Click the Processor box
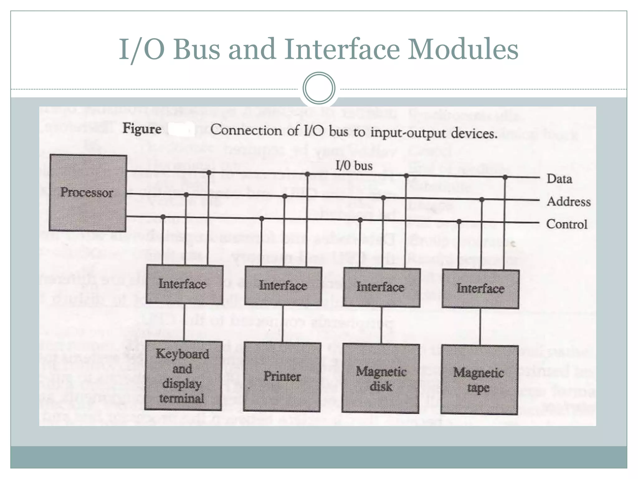[x=88, y=193]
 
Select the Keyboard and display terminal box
[x=183, y=376]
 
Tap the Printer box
[x=282, y=377]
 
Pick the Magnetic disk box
[x=381, y=379]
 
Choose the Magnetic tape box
[x=479, y=380]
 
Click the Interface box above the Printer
[x=283, y=286]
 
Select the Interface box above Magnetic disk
[x=382, y=287]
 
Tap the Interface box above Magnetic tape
[x=480, y=289]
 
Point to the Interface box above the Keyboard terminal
[x=184, y=284]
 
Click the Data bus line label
[x=559, y=179]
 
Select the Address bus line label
[x=569, y=202]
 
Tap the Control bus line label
[x=567, y=224]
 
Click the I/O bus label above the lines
[x=354, y=165]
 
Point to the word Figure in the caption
[x=142, y=128]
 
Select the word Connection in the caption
[x=246, y=130]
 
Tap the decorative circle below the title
[x=319, y=88]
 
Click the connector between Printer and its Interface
[x=283, y=324]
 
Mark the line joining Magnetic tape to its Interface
[x=480, y=327]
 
